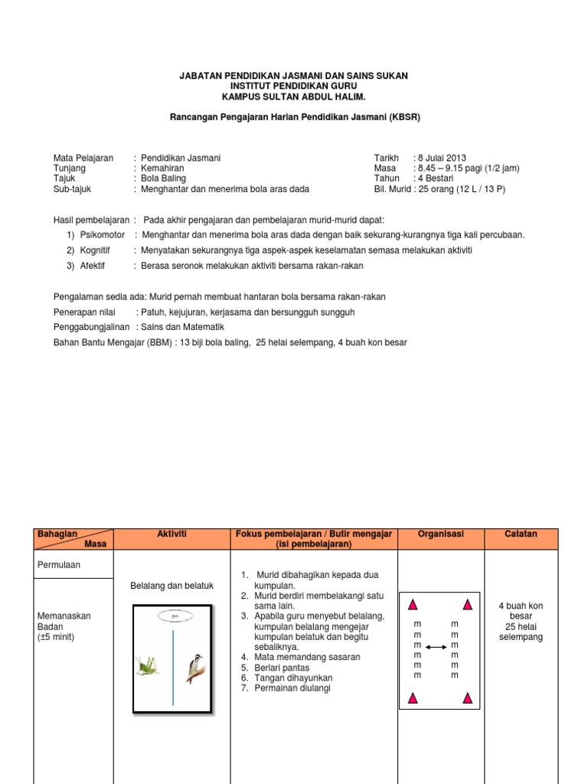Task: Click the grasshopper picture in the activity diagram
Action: (148, 665)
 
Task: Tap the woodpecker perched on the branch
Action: (196, 668)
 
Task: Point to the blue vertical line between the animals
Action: (173, 656)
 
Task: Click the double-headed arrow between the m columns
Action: (437, 647)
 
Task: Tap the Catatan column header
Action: (521, 534)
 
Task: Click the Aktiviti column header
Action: (172, 534)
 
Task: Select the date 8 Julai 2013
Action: (441, 158)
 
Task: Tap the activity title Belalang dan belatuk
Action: (172, 586)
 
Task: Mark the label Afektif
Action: (93, 266)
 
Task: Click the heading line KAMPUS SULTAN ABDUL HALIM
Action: (294, 97)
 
